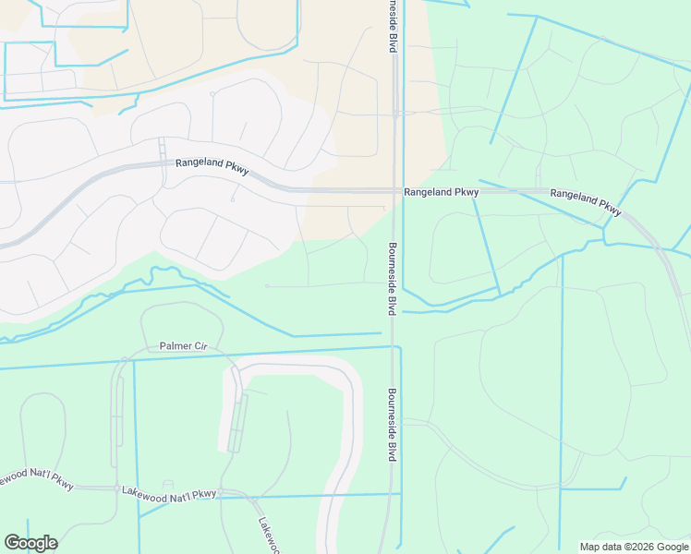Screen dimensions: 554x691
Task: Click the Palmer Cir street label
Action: [x=183, y=346]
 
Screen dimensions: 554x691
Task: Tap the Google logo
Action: [x=30, y=543]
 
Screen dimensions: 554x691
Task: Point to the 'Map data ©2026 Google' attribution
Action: [x=634, y=547]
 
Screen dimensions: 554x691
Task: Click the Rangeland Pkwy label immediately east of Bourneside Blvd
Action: [x=441, y=192]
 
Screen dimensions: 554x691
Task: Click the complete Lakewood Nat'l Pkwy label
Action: [x=169, y=492]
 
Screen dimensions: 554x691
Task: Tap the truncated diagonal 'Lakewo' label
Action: [x=271, y=535]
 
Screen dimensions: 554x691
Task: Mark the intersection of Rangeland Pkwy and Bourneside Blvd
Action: [x=395, y=191]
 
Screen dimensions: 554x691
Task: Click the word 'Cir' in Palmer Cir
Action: [x=200, y=346]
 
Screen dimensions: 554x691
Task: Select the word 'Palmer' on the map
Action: [x=175, y=346]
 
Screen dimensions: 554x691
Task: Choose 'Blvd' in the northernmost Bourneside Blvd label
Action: [x=392, y=42]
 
